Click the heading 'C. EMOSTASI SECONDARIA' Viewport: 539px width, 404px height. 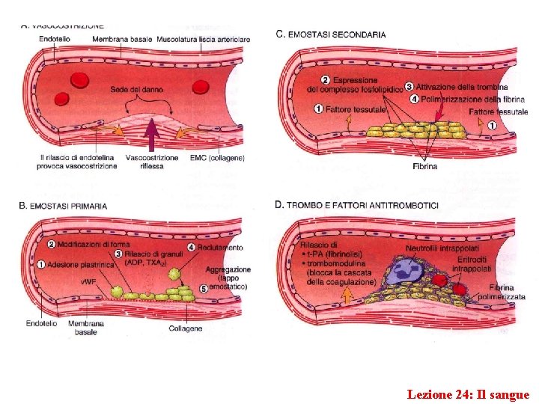(331, 34)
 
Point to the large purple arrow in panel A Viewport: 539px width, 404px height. (151, 135)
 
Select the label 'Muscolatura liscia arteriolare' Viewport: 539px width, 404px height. (203, 38)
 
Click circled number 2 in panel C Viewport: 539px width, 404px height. (325, 80)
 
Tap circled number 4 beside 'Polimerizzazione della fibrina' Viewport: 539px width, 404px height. (415, 99)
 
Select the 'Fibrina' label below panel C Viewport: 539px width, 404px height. (424, 166)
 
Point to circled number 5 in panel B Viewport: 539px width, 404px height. (203, 288)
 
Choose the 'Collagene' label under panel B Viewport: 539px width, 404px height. (185, 328)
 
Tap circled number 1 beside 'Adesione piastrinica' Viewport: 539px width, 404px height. (40, 265)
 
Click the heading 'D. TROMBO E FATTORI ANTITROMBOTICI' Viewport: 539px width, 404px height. (358, 205)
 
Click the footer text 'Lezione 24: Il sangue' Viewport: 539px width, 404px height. (468, 394)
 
